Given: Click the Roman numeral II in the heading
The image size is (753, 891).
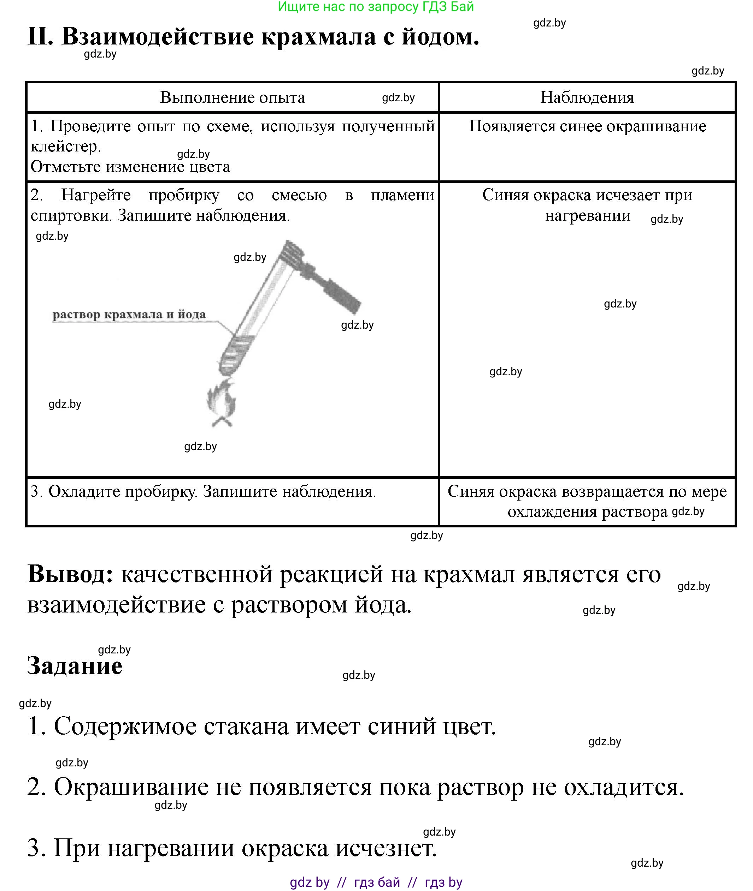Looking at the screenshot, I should pos(40,37).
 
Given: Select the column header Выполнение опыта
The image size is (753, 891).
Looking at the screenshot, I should pos(232,98).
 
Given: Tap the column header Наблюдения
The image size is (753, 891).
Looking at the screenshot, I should pos(587,98).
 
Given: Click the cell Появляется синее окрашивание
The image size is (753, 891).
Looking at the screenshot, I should pos(587,126).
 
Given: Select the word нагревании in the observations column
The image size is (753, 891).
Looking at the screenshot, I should pos(587,215).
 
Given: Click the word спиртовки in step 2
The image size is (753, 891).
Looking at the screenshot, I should pos(70,215).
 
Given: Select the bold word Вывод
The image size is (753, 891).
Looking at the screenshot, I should pos(70,574).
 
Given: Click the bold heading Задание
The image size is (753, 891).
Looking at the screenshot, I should pos(75,666).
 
